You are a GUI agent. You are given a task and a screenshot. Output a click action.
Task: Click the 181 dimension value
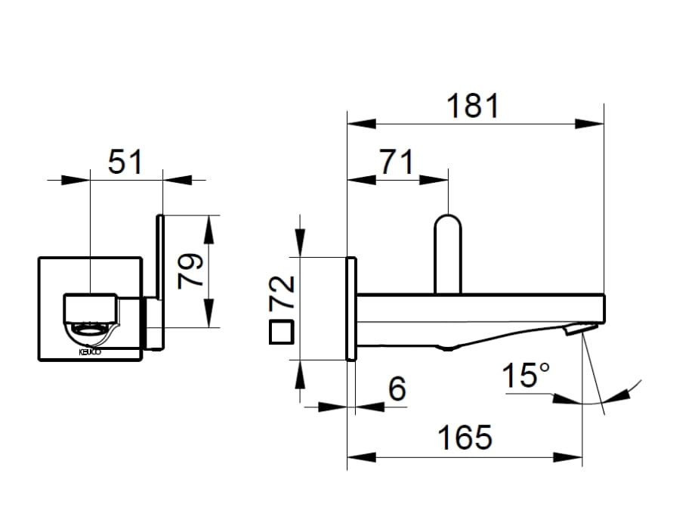coord(473,106)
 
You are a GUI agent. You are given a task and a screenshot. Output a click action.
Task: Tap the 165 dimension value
coord(465,438)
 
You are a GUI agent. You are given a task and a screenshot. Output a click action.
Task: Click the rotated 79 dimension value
coord(190,271)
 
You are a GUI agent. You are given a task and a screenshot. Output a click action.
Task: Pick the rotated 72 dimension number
coord(282,292)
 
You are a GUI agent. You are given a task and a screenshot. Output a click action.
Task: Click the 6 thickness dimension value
coord(397,388)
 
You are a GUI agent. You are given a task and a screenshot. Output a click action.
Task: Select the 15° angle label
coord(526,375)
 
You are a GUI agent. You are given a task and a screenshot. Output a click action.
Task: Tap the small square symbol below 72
coord(281,333)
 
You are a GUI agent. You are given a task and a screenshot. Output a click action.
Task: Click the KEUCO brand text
coord(90,352)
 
